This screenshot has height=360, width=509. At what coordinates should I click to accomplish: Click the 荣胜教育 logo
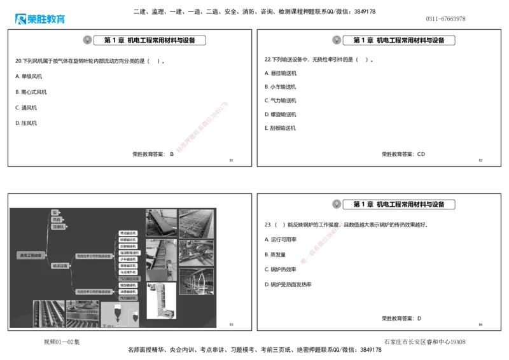(x=39, y=20)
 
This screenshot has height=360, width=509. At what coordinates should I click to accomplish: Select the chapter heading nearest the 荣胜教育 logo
(x=151, y=40)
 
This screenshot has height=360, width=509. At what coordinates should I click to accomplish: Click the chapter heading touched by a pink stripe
(x=399, y=204)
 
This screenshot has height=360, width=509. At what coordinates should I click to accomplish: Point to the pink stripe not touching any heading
(x=201, y=126)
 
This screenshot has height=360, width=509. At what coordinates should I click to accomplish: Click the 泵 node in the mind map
(x=55, y=212)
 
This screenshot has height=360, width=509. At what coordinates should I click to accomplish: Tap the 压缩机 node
(x=59, y=226)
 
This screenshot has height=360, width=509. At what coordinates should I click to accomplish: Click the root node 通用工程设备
(x=30, y=255)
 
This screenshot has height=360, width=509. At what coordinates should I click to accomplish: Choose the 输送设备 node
(x=61, y=266)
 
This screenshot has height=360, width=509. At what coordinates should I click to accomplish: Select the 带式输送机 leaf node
(x=128, y=233)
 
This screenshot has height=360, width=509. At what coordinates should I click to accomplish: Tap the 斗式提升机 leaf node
(x=128, y=272)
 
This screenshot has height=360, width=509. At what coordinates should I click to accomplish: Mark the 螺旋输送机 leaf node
(x=128, y=285)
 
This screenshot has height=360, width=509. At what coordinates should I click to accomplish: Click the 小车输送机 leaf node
(x=128, y=259)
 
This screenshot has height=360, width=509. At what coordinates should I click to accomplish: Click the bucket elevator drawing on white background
(x=160, y=300)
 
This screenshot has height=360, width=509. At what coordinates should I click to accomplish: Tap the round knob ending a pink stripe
(x=341, y=224)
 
